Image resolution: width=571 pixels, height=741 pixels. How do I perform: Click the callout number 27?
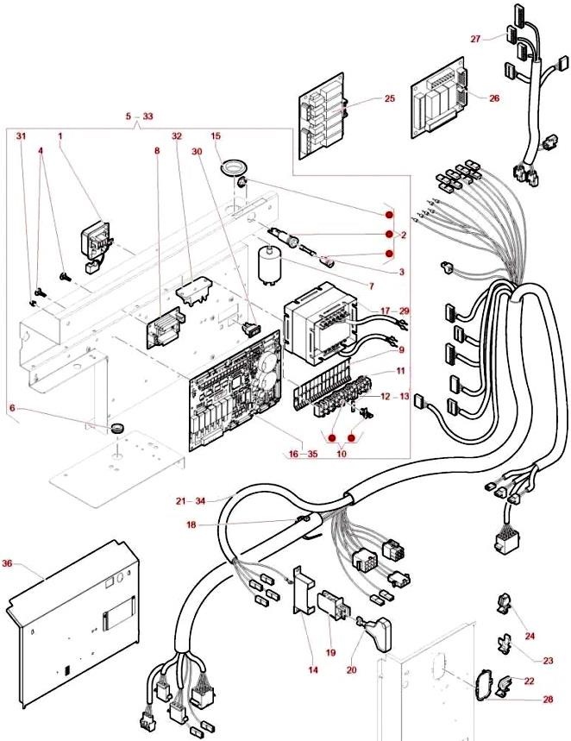pyautogui.click(x=475, y=39)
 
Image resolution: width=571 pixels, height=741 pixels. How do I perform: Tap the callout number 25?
pyautogui.click(x=389, y=99)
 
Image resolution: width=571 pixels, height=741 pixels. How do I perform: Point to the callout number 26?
pyautogui.click(x=493, y=98)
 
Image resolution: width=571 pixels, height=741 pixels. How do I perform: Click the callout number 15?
pyautogui.click(x=216, y=136)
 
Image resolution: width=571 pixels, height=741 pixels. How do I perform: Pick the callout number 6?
pyautogui.click(x=12, y=408)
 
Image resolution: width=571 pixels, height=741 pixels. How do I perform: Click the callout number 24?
pyautogui.click(x=530, y=636)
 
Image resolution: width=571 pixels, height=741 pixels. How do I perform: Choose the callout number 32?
pyautogui.click(x=177, y=136)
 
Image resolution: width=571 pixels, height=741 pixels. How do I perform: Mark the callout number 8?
pyautogui.click(x=157, y=150)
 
